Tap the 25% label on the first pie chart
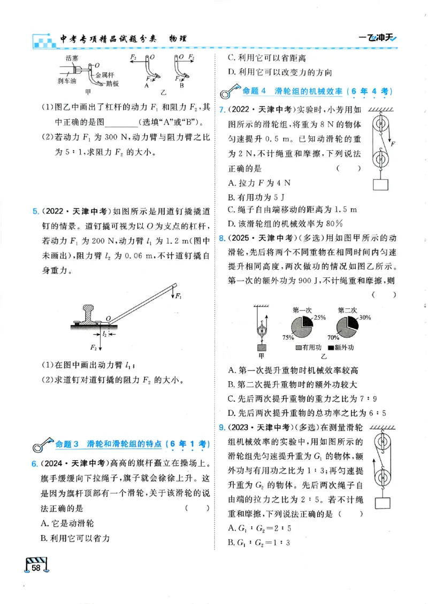320,318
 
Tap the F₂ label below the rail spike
93,349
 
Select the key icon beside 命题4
231,92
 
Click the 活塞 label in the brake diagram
71,57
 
